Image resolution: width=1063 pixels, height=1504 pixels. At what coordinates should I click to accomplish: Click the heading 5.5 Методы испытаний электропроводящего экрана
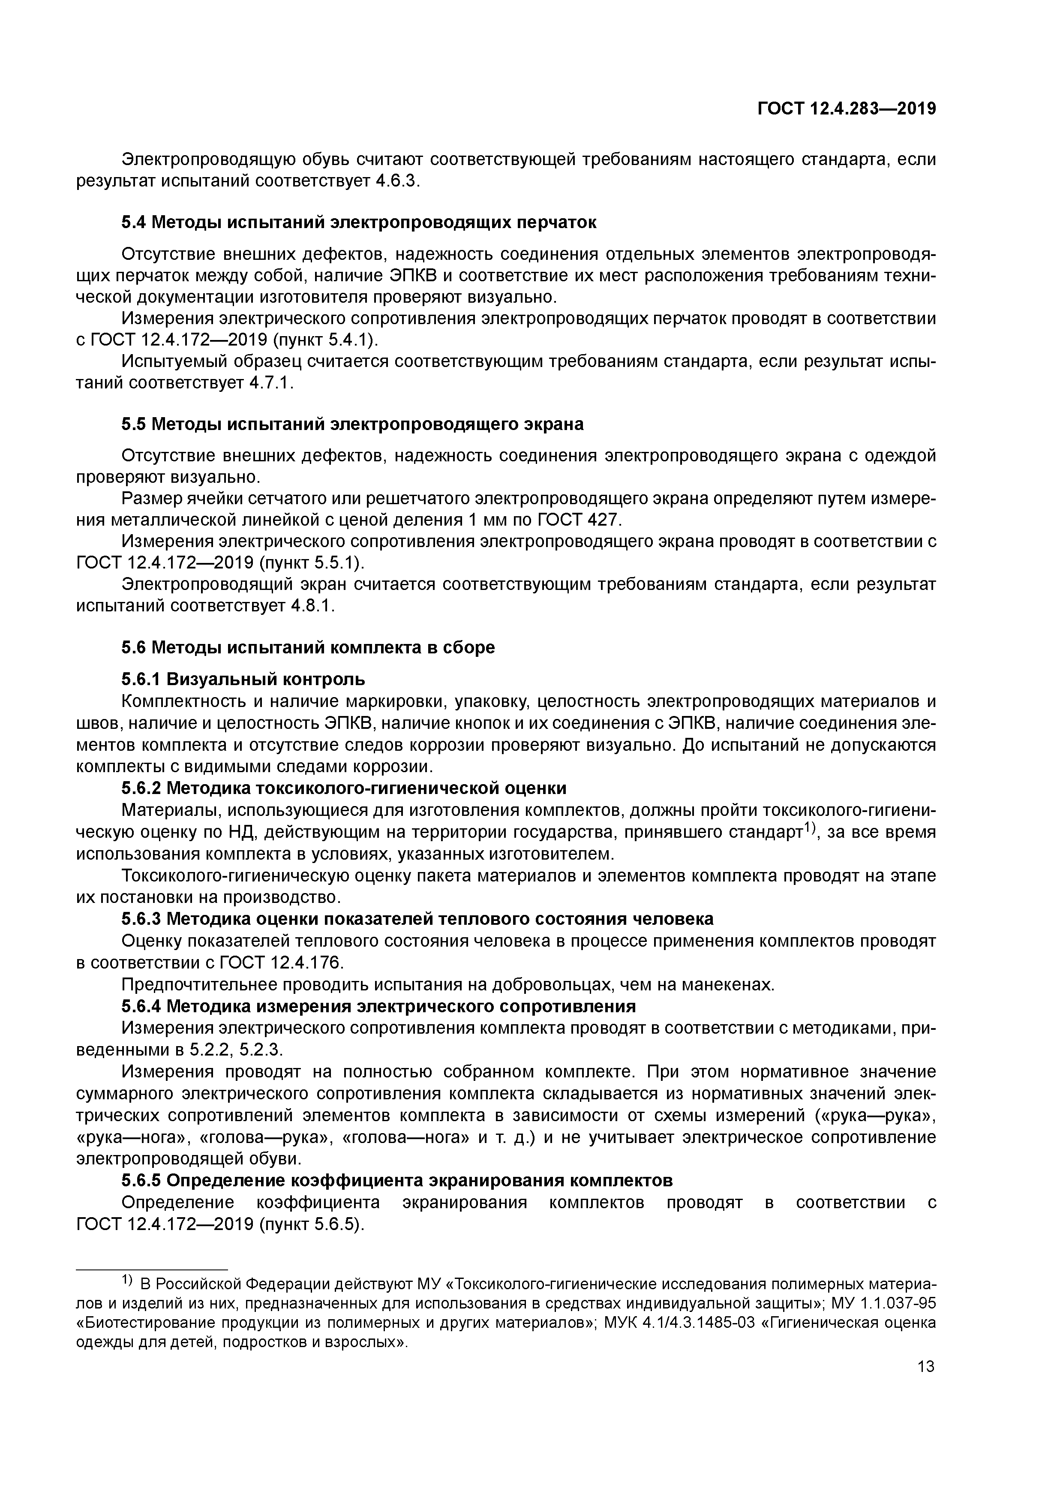click(x=352, y=424)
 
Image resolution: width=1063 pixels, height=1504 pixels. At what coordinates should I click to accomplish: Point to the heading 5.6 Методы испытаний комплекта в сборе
click(x=308, y=647)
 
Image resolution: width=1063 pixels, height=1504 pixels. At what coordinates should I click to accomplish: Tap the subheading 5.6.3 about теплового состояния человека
click(x=417, y=919)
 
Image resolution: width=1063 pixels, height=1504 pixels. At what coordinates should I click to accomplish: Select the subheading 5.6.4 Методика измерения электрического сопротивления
click(x=378, y=1005)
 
